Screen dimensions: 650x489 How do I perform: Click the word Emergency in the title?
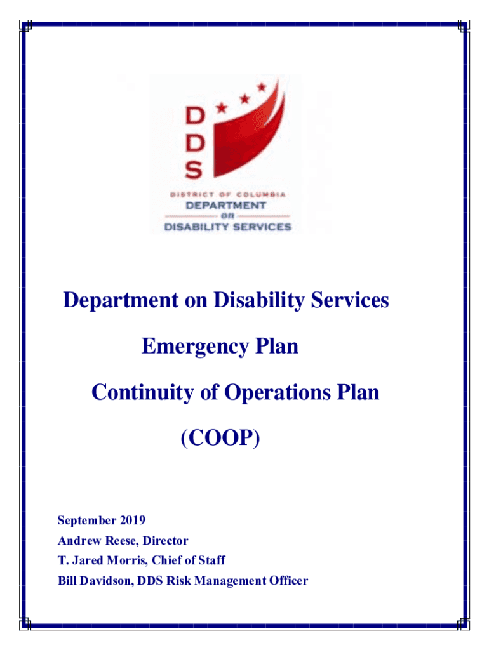click(x=185, y=347)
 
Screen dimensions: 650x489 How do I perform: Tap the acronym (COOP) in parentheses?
click(x=220, y=438)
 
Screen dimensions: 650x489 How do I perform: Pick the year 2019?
click(x=131, y=521)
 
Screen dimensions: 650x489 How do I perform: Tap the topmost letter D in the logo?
click(x=194, y=116)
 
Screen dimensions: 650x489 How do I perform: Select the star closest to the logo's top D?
click(x=222, y=109)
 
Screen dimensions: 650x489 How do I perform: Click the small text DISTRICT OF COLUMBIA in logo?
click(x=227, y=194)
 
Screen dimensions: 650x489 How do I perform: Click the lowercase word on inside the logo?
click(x=227, y=216)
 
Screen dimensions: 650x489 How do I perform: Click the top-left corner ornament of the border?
click(x=25, y=25)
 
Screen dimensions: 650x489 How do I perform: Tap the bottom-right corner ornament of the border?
click(x=464, y=625)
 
